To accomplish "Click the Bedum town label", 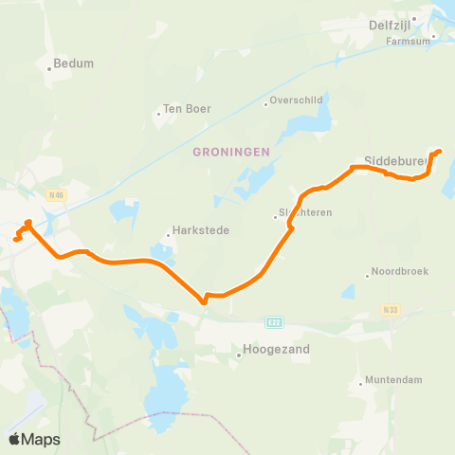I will pyautogui.click(x=75, y=64).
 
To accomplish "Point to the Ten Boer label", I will pyautogui.click(x=187, y=109).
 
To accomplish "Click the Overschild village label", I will pyautogui.click(x=297, y=99).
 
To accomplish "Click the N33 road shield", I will pyautogui.click(x=391, y=308).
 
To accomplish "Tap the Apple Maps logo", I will pyautogui.click(x=34, y=439).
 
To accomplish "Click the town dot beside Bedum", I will pyautogui.click(x=49, y=68).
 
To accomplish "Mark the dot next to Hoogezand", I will pyautogui.click(x=238, y=355).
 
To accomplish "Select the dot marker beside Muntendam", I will pyautogui.click(x=362, y=384).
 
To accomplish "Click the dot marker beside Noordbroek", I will pyautogui.click(x=367, y=276).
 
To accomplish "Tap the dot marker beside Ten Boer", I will pyautogui.click(x=158, y=115).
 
